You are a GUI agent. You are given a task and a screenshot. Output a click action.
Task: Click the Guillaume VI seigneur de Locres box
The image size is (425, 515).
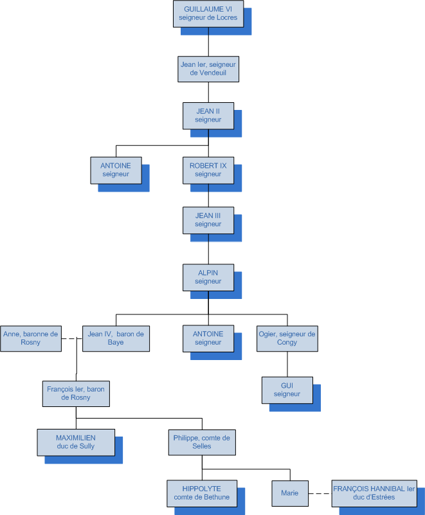210,14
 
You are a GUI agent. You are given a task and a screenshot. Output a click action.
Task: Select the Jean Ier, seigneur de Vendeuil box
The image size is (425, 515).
208,69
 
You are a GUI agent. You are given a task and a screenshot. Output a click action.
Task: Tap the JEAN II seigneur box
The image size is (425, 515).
208,115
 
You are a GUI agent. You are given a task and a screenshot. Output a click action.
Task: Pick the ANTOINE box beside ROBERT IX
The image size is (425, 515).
116,170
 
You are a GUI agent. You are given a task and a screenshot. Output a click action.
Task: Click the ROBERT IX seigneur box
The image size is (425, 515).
208,170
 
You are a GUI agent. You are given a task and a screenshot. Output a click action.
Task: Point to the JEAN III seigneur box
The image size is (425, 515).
208,220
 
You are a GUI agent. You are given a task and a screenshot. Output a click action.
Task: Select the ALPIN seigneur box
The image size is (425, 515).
208,277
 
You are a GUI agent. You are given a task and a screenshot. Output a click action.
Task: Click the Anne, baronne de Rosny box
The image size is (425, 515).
31,338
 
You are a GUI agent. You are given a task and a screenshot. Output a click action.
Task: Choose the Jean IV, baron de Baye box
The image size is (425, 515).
116,338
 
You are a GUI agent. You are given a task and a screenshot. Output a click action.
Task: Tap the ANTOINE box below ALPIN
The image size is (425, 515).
208,338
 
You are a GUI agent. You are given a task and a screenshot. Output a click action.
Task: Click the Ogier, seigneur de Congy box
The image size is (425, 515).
287,338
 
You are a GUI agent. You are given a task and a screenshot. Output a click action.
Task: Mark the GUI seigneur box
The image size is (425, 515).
287,390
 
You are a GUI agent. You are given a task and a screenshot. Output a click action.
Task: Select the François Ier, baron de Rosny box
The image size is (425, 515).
76,393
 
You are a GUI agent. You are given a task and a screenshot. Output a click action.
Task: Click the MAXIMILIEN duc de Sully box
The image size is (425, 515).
76,442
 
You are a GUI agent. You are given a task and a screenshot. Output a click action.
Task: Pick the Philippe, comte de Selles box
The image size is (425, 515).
202,442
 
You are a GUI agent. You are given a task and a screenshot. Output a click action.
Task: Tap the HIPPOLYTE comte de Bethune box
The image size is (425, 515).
201,492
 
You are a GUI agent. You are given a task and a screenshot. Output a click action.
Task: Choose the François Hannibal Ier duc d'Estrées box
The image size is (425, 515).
373,492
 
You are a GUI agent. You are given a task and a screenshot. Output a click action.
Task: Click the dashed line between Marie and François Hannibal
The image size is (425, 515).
320,493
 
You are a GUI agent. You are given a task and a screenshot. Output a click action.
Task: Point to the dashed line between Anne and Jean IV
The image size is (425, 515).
72,339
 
